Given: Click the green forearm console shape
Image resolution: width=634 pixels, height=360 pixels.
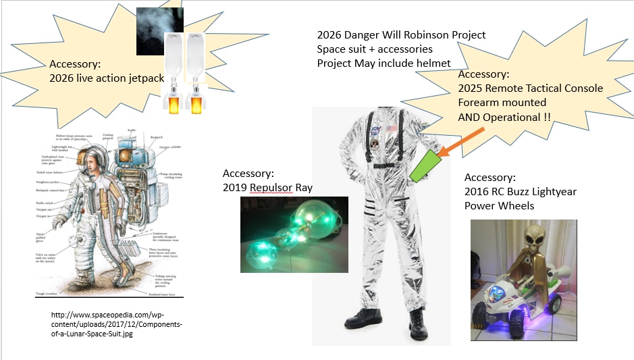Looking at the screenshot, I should [x=421, y=165].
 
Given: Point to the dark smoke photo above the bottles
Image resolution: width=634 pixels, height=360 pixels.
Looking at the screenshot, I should [x=159, y=31].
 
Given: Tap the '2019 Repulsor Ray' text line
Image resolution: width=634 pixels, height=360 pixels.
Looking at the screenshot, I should [x=267, y=186].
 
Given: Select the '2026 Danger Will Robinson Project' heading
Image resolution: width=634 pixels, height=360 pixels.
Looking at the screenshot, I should [x=401, y=35].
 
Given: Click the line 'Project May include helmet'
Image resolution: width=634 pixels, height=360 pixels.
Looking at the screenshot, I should [x=384, y=63].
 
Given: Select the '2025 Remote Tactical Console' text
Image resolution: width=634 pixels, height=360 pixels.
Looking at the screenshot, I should [x=530, y=88].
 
